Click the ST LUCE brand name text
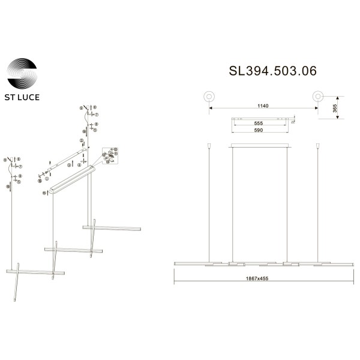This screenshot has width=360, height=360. (x=22, y=97)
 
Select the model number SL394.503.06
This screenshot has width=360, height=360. (x=273, y=71)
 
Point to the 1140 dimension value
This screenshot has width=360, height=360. (x=263, y=106)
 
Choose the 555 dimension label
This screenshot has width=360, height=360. (x=259, y=124)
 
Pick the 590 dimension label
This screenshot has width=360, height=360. (x=259, y=130)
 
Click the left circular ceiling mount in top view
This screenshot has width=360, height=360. (x=209, y=96)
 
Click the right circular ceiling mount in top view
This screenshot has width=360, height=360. (x=317, y=96)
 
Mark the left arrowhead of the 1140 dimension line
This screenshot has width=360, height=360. (x=211, y=109)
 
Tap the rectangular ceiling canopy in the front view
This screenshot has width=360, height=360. (x=260, y=145)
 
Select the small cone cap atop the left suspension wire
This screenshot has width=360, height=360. (x=209, y=145)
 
